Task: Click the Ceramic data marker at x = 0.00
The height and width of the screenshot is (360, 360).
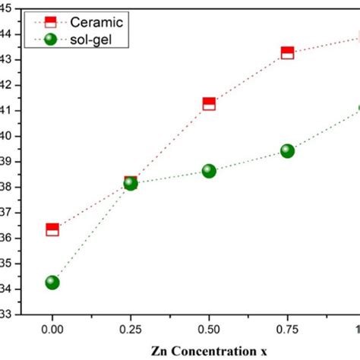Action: pyautogui.click(x=52, y=229)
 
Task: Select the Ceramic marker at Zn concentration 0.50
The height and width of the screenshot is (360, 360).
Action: pyautogui.click(x=209, y=103)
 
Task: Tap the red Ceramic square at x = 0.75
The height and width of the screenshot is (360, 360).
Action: pyautogui.click(x=287, y=52)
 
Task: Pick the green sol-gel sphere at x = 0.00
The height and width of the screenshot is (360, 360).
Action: pyautogui.click(x=52, y=282)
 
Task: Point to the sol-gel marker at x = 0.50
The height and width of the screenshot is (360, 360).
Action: pyautogui.click(x=209, y=171)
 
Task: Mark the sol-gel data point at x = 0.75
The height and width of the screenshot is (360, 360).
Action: pyautogui.click(x=287, y=150)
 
